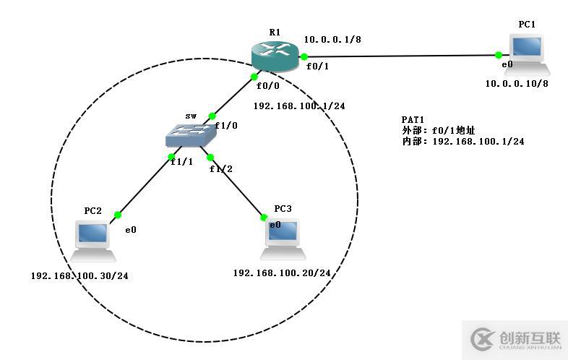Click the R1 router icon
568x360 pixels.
275,56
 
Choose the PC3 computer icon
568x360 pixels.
283,239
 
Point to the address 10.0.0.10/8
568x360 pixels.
517,83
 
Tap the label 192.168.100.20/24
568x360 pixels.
282,273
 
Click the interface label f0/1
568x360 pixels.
317,66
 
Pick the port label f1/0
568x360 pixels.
228,124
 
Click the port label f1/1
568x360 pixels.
181,162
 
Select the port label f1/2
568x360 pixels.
221,169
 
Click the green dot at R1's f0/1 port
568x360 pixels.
305,56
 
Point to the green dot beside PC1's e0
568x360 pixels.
499,55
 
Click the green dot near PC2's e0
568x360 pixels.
117,215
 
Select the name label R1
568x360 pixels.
275,32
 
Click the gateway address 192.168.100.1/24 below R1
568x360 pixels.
299,106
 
